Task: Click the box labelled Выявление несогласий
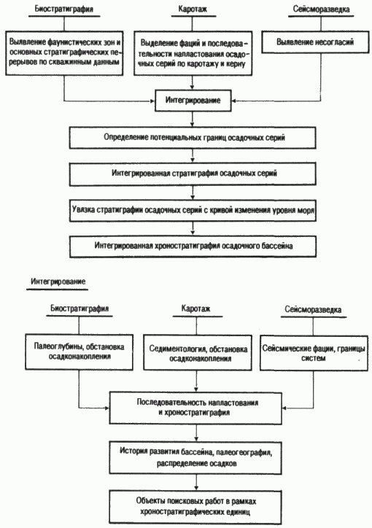[x=315, y=42]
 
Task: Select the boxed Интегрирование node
[x=193, y=101]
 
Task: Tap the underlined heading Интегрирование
[x=58, y=282]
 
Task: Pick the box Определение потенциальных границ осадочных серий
[x=193, y=137]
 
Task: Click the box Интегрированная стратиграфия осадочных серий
[x=193, y=174]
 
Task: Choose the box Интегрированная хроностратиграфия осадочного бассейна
[x=193, y=246]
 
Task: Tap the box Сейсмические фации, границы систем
[x=314, y=353]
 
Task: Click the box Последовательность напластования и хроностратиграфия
[x=195, y=408]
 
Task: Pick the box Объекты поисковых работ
[x=195, y=507]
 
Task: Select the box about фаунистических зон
[x=64, y=53]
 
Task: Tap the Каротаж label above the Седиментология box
[x=195, y=308]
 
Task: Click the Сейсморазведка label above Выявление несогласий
[x=321, y=9]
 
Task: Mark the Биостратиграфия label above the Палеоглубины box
[x=80, y=308]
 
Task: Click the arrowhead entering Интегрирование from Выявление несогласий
[x=234, y=101]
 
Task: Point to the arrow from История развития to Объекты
[x=196, y=483]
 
